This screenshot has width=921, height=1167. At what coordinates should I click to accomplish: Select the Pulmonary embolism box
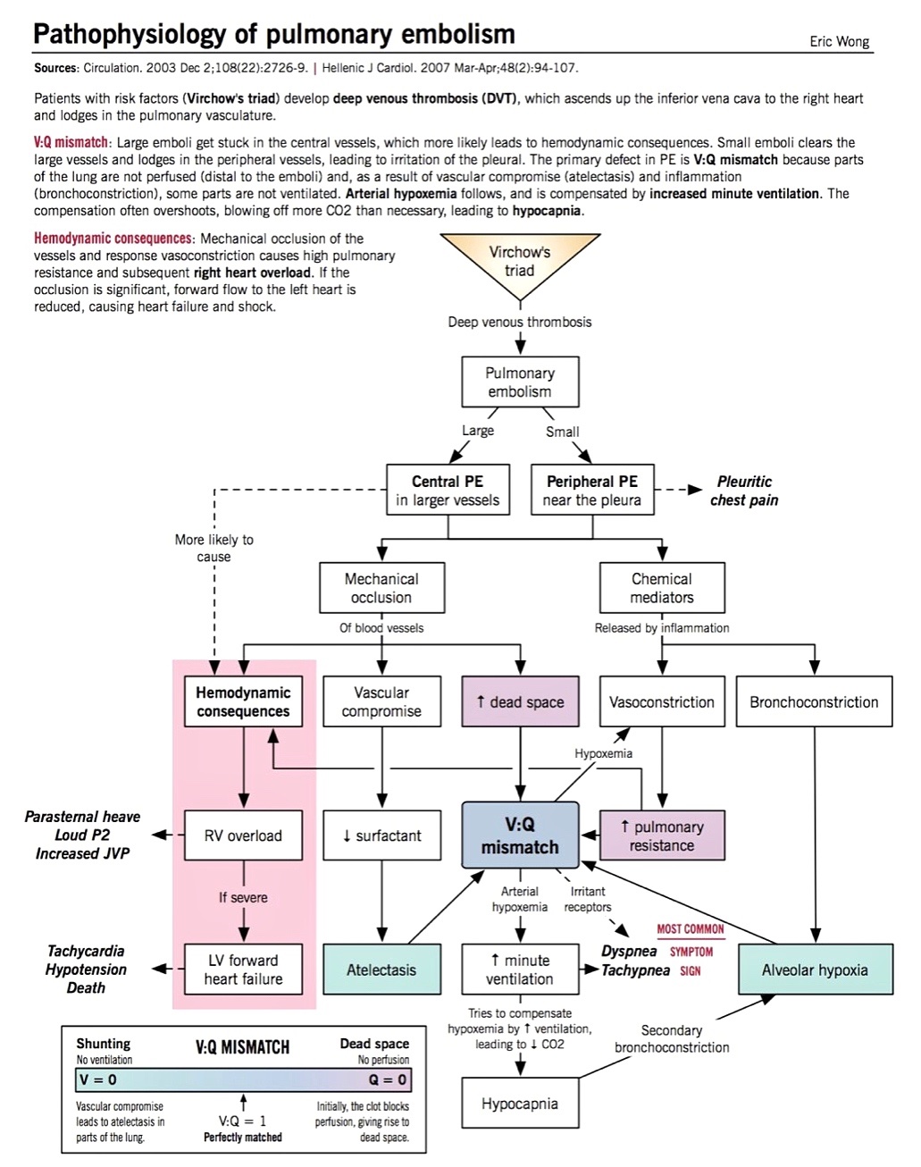520,382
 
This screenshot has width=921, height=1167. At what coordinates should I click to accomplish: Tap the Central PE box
448,490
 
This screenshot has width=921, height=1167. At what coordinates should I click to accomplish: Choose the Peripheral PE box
592,490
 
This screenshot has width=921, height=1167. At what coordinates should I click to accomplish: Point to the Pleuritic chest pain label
744,491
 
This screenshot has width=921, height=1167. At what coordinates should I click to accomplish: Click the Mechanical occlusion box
381,588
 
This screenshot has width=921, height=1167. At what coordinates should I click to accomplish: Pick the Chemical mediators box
662,588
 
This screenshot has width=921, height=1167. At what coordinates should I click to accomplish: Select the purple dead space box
521,701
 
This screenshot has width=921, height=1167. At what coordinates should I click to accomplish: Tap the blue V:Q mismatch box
521,835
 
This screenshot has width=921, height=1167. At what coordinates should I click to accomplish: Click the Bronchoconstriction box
814,701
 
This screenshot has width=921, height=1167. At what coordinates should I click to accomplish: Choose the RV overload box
243,835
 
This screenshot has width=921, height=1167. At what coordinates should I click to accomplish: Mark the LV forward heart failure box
243,969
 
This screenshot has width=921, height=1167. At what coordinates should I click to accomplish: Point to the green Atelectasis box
381,969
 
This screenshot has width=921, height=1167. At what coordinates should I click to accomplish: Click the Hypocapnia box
521,1103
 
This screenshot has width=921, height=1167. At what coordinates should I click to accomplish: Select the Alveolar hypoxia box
816,969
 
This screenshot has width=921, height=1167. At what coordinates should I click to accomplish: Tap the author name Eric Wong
839,42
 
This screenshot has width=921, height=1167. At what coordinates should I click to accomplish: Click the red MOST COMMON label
690,929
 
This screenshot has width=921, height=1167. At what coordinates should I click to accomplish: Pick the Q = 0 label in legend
387,1079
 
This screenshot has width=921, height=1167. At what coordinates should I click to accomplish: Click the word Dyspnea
629,951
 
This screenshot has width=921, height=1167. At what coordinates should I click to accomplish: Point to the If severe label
243,897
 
